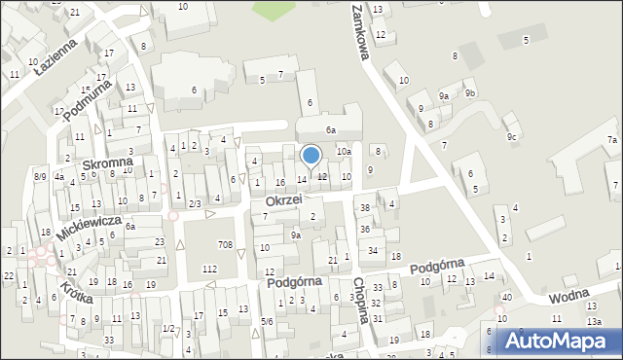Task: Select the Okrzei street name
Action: click(283, 200)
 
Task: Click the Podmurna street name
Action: click(85, 98)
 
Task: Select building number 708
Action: click(226, 244)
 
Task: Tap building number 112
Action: click(208, 268)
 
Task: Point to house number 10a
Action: click(343, 152)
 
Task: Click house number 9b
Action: click(470, 93)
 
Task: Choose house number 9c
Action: click(511, 136)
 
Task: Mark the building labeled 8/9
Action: click(40, 176)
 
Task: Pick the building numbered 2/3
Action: click(195, 203)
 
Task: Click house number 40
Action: click(506, 297)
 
